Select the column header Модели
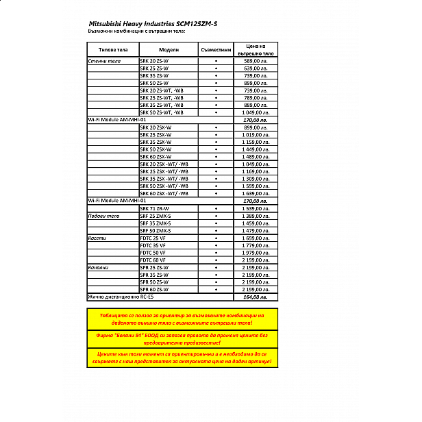click(169, 50)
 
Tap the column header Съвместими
click(215, 50)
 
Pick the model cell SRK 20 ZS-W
click(154, 61)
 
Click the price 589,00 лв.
click(256, 61)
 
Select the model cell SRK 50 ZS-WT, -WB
click(162, 112)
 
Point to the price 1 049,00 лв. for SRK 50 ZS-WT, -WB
click(256, 112)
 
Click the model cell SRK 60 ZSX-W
click(156, 156)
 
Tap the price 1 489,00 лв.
click(256, 156)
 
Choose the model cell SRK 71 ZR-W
click(154, 208)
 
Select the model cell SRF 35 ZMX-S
click(156, 223)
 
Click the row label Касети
click(97, 238)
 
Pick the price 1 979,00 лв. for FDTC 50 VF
click(256, 253)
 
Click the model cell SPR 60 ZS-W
click(154, 290)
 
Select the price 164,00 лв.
click(256, 297)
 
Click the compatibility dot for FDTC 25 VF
click(215, 238)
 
